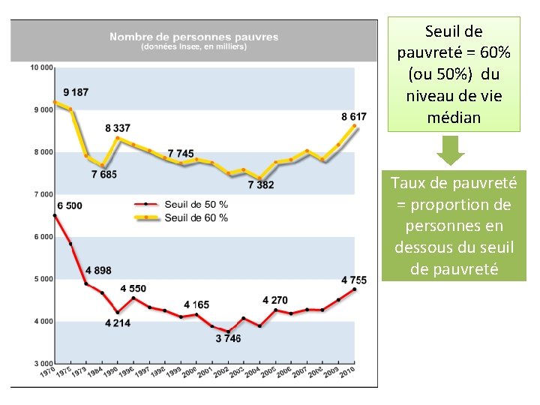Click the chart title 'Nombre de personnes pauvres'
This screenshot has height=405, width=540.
(193, 37)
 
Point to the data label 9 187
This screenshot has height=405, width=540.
(76, 92)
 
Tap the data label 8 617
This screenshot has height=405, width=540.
(354, 116)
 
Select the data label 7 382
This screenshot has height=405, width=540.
(261, 184)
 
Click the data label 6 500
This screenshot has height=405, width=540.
(70, 205)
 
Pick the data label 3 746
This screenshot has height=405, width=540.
(228, 339)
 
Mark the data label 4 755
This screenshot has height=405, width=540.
(354, 280)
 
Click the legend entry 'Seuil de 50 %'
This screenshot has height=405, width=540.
(198, 204)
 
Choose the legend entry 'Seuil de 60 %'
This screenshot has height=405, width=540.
(198, 217)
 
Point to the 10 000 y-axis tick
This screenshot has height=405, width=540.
(41, 67)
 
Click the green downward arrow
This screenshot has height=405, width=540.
(451, 149)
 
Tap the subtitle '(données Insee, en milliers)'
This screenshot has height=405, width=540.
(193, 46)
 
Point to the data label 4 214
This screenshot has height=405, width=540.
(118, 323)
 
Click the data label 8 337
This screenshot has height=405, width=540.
(118, 128)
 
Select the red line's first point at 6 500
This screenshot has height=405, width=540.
(55, 216)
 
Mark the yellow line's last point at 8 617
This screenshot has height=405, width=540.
(354, 127)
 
